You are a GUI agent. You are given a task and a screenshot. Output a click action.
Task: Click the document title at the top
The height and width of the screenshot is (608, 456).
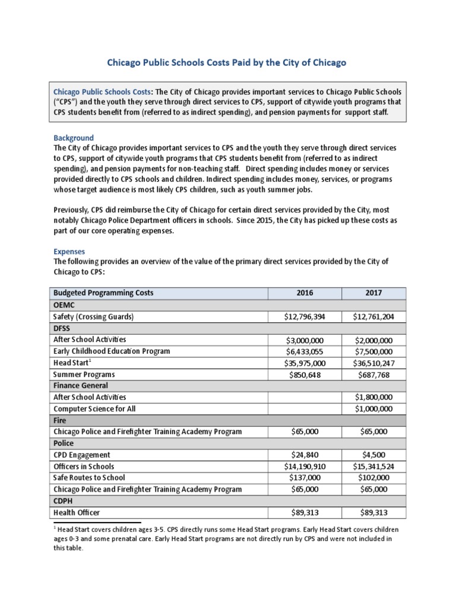pos(226,62)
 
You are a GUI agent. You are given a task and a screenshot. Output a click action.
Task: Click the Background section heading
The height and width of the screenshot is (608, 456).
pos(74,138)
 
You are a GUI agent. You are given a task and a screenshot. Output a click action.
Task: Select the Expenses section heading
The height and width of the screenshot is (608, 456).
pos(69,252)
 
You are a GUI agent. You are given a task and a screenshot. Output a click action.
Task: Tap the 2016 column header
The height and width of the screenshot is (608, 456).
pos(305,293)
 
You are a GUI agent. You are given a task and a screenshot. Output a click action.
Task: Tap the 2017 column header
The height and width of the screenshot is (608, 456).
pos(374,293)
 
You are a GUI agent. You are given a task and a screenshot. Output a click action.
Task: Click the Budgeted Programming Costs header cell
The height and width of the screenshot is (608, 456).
pos(103,293)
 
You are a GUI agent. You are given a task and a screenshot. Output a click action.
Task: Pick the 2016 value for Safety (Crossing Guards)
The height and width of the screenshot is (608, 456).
pos(305,317)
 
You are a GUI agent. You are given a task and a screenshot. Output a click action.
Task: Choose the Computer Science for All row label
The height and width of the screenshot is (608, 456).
pos(95,409)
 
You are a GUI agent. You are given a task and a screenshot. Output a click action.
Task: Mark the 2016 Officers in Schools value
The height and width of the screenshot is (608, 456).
pos(305,467)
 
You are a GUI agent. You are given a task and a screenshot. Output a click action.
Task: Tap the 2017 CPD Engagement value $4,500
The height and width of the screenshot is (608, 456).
pos(374,455)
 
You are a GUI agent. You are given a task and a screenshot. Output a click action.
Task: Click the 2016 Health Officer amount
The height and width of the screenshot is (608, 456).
pos(305,512)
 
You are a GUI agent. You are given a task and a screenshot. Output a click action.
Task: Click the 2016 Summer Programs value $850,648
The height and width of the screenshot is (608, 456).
pos(305,375)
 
